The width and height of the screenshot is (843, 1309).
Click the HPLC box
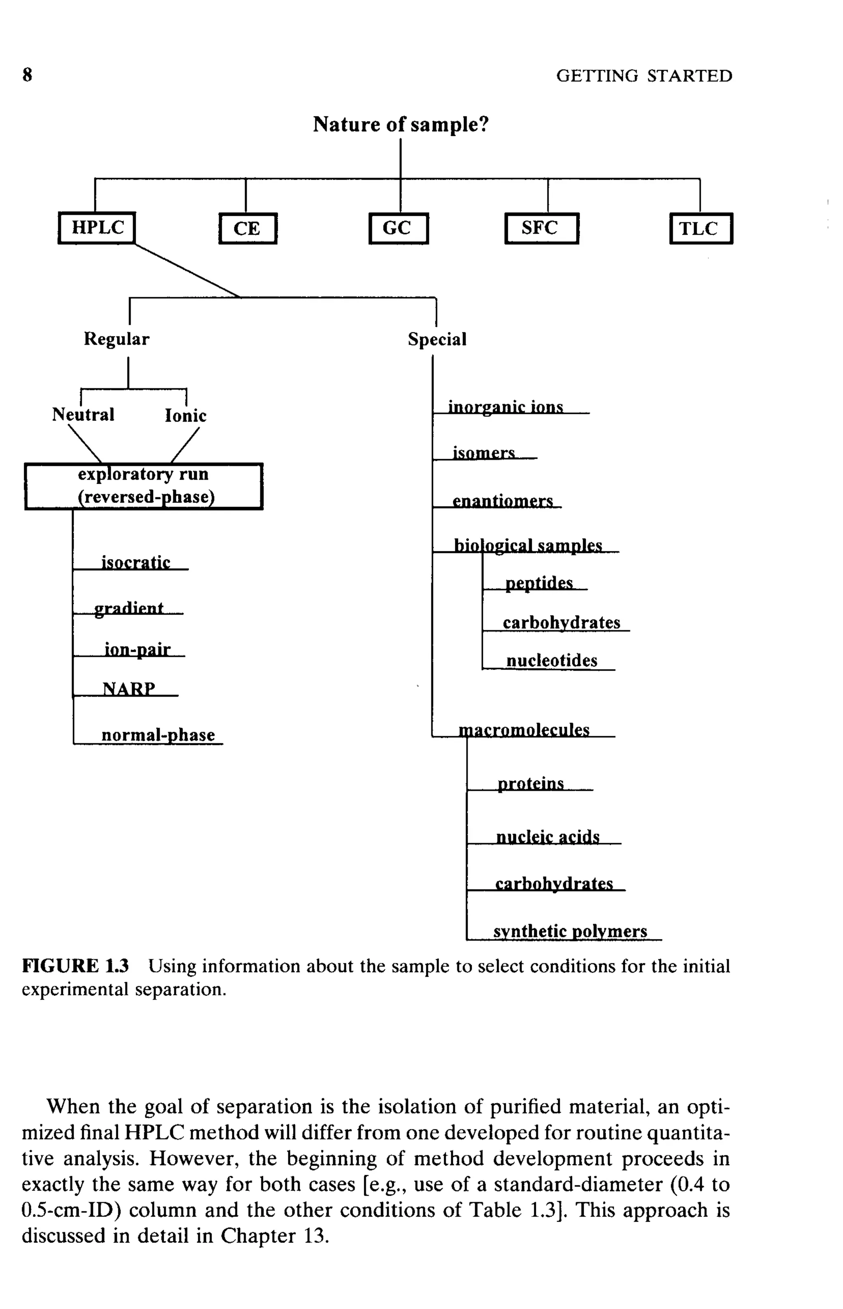pos(97,228)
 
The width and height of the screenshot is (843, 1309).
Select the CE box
pos(247,228)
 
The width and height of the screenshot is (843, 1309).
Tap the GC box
pos(398,228)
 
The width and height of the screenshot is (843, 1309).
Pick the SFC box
pos(541,228)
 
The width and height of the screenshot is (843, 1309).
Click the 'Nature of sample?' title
pos(400,125)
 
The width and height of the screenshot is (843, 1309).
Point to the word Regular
pos(116,339)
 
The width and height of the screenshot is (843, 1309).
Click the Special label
pos(437,339)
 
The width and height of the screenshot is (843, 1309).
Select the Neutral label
pos(83,414)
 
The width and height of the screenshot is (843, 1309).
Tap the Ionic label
pos(186,415)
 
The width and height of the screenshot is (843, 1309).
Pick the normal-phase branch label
pos(158,735)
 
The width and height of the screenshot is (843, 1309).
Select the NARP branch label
pos(129,688)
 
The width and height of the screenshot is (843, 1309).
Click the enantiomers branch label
pos(503,501)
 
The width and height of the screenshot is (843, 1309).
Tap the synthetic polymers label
pos(570,931)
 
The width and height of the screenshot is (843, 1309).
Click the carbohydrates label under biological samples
pos(561,623)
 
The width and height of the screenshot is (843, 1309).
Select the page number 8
pos(27,75)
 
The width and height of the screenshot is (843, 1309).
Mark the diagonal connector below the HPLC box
pos(187,271)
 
